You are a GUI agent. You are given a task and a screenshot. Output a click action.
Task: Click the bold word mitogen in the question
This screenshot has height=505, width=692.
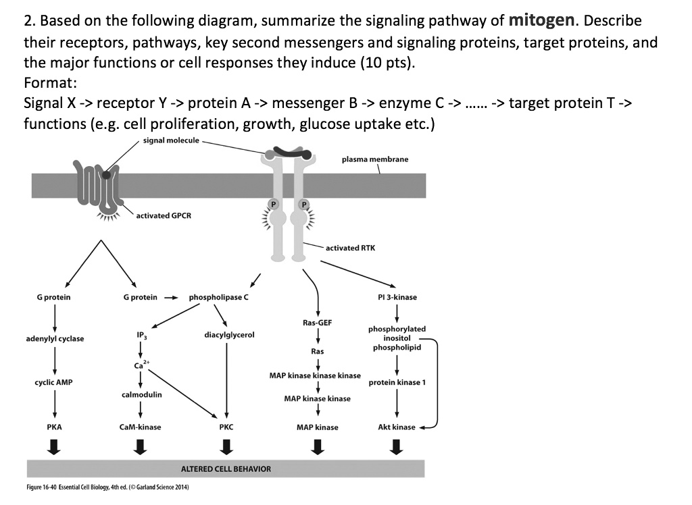pyautogui.click(x=537, y=20)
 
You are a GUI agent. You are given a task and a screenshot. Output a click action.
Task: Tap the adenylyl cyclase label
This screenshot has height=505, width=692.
pyautogui.click(x=55, y=338)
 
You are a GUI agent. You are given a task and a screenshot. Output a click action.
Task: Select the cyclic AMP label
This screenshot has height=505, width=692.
pyautogui.click(x=54, y=382)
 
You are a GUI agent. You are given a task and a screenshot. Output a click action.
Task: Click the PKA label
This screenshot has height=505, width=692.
pyautogui.click(x=54, y=427)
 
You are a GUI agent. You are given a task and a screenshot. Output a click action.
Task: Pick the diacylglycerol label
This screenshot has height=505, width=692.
pyautogui.click(x=229, y=334)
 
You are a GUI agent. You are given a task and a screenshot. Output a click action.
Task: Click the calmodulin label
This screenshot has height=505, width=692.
pyautogui.click(x=141, y=394)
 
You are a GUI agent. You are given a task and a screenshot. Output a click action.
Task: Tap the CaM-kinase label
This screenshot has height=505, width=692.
pyautogui.click(x=140, y=427)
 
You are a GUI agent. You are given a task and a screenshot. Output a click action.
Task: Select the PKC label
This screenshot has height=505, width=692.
pyautogui.click(x=226, y=427)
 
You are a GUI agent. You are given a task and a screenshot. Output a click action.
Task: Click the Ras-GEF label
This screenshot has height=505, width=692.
pyautogui.click(x=317, y=323)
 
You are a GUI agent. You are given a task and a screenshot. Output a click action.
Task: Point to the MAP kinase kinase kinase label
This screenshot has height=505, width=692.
pyautogui.click(x=315, y=375)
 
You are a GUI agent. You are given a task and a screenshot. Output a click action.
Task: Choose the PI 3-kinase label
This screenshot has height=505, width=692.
pyautogui.click(x=397, y=297)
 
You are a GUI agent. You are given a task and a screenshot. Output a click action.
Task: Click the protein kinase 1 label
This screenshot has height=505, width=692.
pyautogui.click(x=397, y=382)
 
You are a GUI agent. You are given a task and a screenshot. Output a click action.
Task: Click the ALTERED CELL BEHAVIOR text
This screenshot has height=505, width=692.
pyautogui.click(x=226, y=469)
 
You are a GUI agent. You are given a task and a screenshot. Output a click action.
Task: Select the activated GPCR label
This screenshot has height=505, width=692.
pyautogui.click(x=164, y=215)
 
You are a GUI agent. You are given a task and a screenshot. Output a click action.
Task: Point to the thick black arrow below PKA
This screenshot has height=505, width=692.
pyautogui.click(x=54, y=446)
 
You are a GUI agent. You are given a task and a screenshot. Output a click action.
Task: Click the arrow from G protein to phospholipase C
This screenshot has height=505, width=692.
pyautogui.click(x=172, y=297)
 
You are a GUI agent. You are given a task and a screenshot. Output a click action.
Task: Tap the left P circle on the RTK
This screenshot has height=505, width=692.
pyautogui.click(x=274, y=204)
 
